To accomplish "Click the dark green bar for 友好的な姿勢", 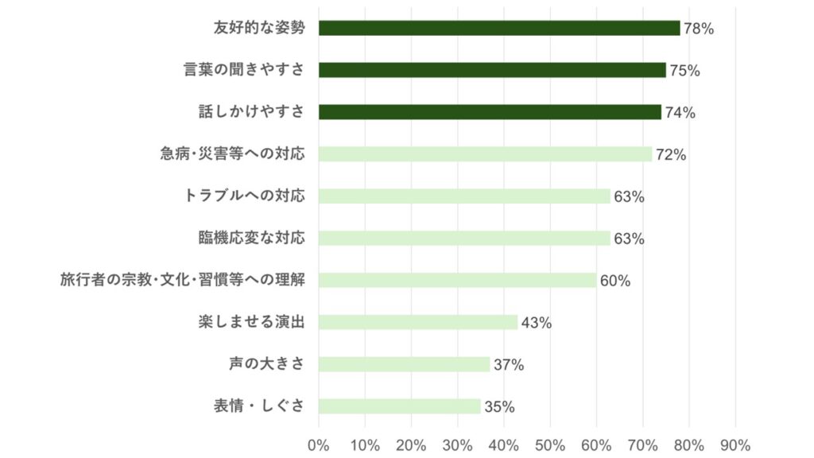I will [499, 28].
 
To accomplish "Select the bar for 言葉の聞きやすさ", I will [492, 70].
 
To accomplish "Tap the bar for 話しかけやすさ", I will [490, 112].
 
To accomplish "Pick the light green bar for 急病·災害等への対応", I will [485, 154].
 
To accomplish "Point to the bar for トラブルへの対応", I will [464, 196].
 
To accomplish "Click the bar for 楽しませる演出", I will [418, 322].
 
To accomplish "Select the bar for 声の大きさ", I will [404, 364].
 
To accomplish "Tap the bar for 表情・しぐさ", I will [399, 406].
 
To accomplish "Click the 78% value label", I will [699, 29].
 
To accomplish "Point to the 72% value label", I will [671, 155].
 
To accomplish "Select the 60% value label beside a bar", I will [615, 281].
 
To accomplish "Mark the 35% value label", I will [499, 407].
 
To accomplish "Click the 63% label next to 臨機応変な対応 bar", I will [629, 239].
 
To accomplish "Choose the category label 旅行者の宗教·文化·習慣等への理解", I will [183, 280].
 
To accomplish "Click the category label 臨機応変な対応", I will [251, 238].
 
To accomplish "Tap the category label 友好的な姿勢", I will [259, 28].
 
